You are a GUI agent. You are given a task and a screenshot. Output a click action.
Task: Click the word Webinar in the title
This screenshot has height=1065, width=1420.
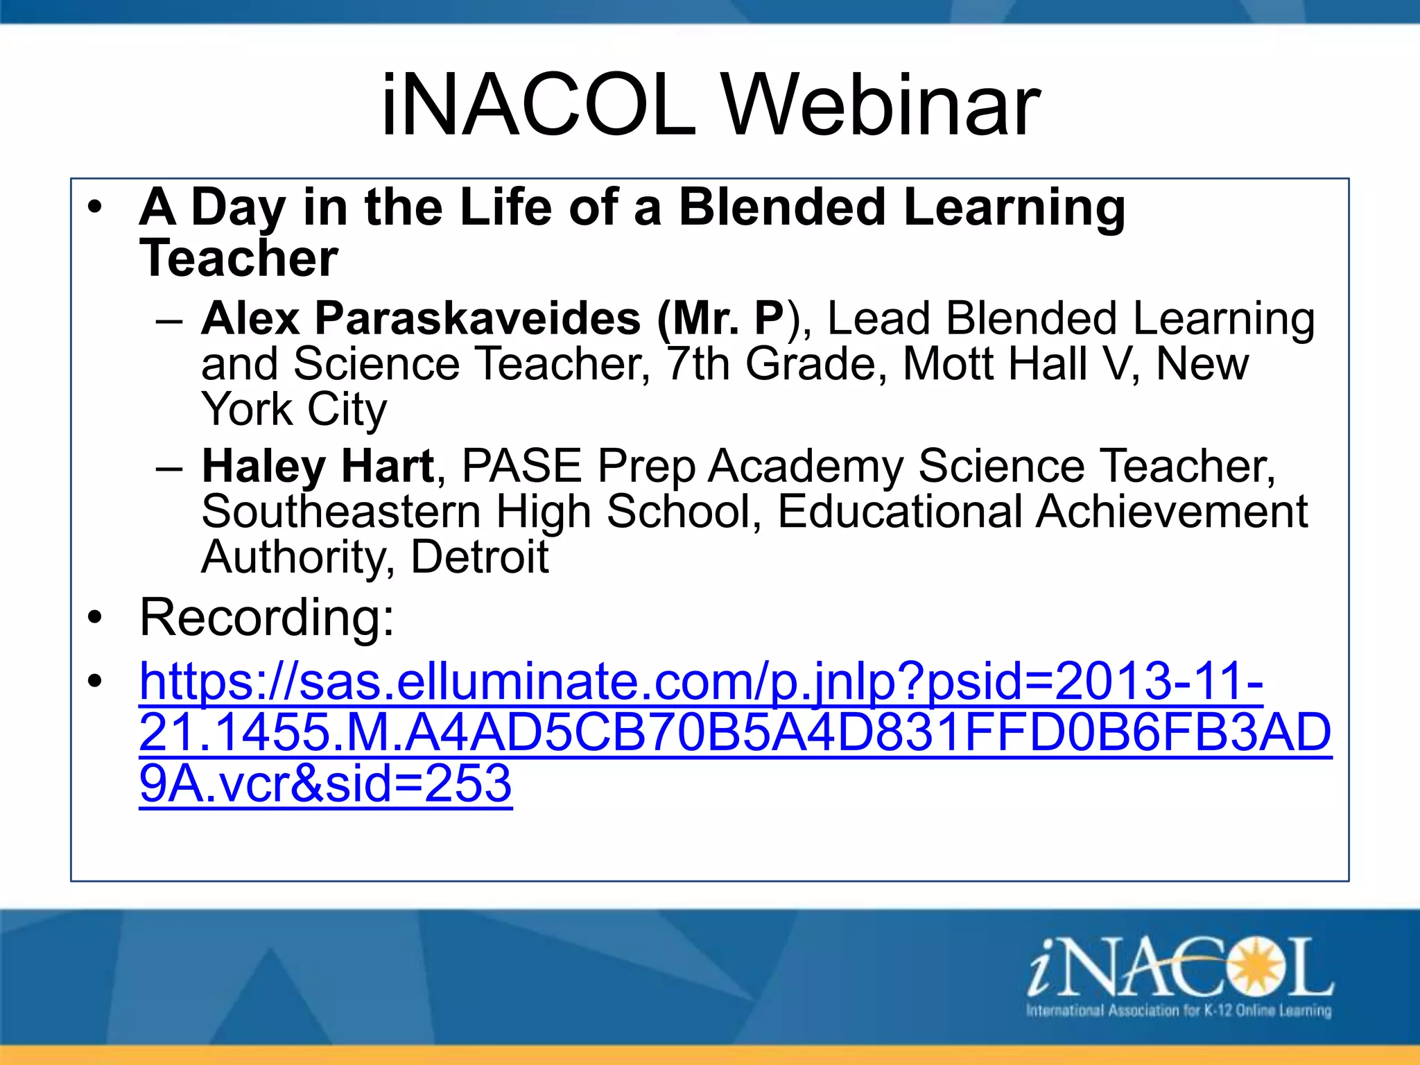pyautogui.click(x=881, y=106)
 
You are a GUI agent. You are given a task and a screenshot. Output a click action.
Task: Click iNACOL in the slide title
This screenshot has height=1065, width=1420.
pyautogui.click(x=538, y=106)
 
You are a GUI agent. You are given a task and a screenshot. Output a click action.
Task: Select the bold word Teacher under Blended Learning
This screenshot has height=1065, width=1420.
pyautogui.click(x=239, y=258)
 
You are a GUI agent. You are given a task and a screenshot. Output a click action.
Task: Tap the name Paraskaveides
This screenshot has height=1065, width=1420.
pyautogui.click(x=478, y=318)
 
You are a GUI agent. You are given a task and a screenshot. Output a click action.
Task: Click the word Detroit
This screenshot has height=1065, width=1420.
pyautogui.click(x=479, y=557)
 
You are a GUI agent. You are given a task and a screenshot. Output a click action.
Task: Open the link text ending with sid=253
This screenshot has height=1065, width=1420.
pyautogui.click(x=325, y=783)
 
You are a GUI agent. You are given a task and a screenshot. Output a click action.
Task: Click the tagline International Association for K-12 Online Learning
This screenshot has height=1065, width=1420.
pyautogui.click(x=1179, y=1010)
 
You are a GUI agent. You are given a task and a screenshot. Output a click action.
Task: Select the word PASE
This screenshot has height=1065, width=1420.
pyautogui.click(x=521, y=466)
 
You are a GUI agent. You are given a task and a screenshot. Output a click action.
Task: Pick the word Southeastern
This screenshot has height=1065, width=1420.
pyautogui.click(x=341, y=512)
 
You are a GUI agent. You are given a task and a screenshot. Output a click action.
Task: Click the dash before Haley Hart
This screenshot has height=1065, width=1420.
pyautogui.click(x=169, y=467)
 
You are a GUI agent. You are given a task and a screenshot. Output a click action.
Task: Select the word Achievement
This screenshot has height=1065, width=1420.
pyautogui.click(x=1171, y=512)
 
